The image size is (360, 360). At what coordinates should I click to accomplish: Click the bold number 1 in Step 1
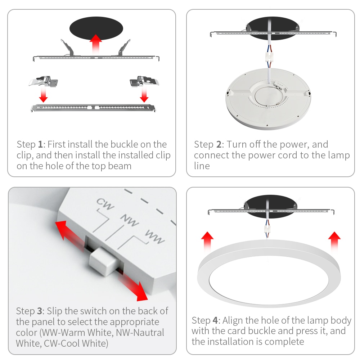(40, 144)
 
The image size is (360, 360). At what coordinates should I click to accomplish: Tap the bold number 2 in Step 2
(219, 144)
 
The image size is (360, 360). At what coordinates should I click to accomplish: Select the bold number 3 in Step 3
(40, 311)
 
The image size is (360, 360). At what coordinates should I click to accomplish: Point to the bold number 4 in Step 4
(215, 320)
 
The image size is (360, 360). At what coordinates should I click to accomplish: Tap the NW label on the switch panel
(130, 220)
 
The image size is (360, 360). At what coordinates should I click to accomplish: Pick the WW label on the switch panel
(155, 237)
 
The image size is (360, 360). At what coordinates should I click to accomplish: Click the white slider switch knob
(103, 261)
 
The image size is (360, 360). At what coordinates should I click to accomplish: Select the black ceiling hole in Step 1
(96, 28)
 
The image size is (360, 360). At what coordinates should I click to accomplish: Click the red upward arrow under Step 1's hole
(95, 45)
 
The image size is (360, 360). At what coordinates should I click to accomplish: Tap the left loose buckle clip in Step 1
(44, 81)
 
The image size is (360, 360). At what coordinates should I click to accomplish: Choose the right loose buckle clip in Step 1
(144, 81)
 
